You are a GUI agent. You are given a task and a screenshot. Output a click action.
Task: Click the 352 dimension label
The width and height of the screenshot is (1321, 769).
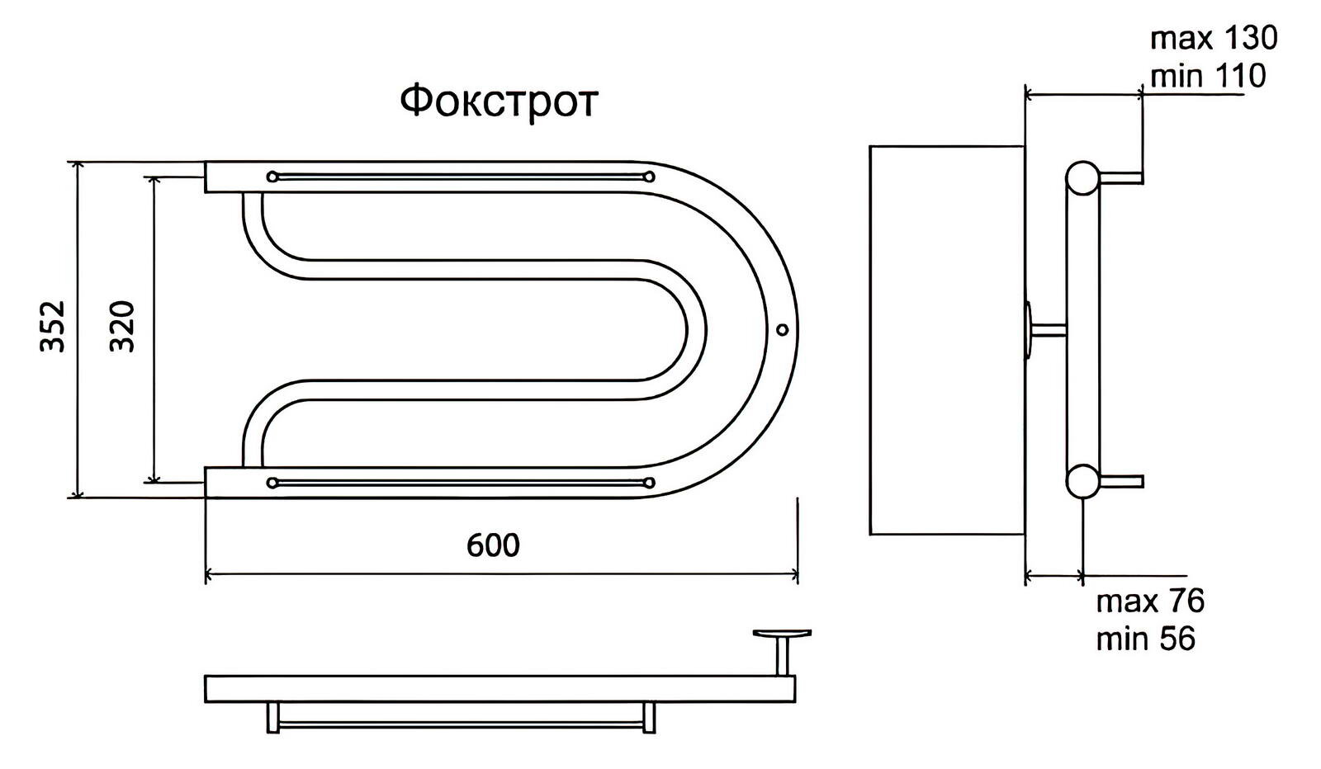[54, 328]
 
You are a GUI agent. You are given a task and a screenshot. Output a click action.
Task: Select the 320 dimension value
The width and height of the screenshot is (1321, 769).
[122, 328]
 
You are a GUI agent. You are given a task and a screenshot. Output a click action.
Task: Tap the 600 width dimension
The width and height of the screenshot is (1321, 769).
[493, 545]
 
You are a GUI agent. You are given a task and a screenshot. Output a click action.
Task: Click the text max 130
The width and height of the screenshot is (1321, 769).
[1213, 38]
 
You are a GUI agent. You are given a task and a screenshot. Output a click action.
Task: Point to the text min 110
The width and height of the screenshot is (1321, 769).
[1207, 76]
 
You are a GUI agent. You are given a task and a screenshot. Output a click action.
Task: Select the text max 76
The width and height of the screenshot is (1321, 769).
[1150, 602]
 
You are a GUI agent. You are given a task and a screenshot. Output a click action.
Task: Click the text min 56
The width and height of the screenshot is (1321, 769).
[1145, 639]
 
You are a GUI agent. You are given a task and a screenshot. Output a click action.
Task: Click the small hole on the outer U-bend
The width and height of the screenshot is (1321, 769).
[782, 330]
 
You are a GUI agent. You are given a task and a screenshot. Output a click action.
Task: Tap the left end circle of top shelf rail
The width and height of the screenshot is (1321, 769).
[272, 177]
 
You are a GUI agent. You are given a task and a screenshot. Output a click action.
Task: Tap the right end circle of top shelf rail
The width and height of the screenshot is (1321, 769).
[649, 177]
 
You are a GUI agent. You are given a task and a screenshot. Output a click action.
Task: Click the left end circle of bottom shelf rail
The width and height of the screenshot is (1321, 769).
[272, 483]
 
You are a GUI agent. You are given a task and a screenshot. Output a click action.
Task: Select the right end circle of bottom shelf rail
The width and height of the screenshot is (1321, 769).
[649, 483]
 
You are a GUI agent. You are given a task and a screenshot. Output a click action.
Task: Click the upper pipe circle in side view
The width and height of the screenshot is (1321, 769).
[1082, 177]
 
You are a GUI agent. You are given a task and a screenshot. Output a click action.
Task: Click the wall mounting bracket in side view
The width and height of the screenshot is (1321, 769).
[1028, 330]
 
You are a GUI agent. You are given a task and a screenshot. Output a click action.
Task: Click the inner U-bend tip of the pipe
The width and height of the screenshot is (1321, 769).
[696, 330]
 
